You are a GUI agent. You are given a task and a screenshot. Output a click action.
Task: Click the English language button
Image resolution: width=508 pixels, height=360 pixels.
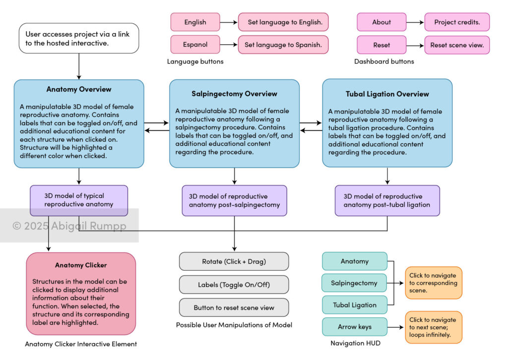(195, 22)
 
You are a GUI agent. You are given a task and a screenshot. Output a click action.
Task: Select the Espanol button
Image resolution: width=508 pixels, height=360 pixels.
(195, 44)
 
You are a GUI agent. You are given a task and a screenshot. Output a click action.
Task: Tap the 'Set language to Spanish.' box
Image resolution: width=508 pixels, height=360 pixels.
(283, 44)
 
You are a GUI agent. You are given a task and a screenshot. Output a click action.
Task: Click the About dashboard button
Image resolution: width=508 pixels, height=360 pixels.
(381, 22)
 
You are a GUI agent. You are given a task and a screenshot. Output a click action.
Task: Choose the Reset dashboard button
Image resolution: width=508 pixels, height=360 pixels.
(381, 45)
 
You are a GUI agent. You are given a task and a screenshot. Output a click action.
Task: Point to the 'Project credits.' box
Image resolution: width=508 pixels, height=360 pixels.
(457, 22)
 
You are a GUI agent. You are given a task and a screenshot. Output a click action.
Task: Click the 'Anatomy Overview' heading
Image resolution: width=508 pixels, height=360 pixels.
(79, 89)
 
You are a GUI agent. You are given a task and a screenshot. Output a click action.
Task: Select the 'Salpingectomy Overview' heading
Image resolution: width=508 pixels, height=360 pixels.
(234, 94)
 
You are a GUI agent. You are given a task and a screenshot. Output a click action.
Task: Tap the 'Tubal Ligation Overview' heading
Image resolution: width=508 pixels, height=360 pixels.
(387, 94)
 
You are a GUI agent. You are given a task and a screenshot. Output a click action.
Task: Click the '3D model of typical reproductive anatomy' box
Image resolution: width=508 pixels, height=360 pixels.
(79, 200)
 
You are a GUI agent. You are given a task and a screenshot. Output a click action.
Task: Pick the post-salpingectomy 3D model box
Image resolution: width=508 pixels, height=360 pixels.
(234, 200)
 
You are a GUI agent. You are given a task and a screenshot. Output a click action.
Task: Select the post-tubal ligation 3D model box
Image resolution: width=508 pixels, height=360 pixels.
(387, 200)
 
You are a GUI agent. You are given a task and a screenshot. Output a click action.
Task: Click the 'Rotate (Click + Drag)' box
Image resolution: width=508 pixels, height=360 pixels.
(234, 261)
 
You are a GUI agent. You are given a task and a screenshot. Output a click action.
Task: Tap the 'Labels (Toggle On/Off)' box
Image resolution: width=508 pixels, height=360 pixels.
(234, 285)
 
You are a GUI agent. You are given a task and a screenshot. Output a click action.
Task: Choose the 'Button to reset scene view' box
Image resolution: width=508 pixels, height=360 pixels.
(234, 307)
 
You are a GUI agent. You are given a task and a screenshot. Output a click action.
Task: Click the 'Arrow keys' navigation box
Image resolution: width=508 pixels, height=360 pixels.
(354, 327)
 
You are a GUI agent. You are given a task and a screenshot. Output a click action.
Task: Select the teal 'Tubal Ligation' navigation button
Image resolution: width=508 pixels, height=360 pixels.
(354, 304)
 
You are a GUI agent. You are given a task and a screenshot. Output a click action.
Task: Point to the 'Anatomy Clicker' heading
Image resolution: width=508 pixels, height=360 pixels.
(81, 265)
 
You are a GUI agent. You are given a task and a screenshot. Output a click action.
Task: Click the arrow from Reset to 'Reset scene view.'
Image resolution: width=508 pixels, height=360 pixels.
(415, 45)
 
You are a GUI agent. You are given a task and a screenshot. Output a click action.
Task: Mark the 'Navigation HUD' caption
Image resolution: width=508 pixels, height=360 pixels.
(355, 343)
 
